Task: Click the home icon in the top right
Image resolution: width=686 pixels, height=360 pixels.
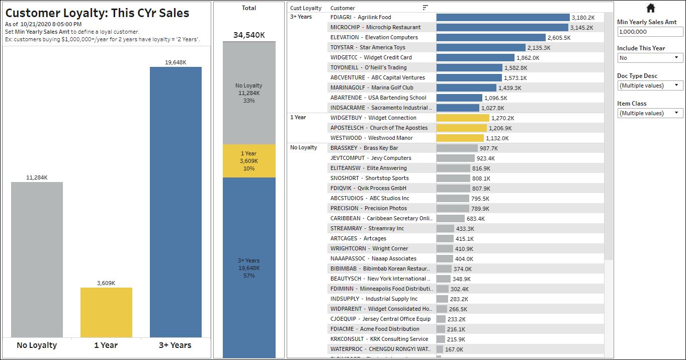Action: (650, 8)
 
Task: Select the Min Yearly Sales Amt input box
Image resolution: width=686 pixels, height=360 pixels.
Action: (650, 32)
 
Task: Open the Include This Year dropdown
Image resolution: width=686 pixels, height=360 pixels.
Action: (650, 58)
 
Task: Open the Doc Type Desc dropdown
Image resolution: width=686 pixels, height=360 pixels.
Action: (650, 85)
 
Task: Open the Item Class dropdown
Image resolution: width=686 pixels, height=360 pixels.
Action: (650, 113)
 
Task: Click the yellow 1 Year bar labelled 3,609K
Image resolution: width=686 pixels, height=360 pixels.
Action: (106, 312)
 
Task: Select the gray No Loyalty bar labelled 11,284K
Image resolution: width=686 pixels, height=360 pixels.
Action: (37, 259)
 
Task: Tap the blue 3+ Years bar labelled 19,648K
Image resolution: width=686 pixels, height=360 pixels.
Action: (176, 202)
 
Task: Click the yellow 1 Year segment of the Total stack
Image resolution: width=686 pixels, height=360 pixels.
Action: (249, 161)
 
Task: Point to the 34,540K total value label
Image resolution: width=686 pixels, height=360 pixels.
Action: (249, 35)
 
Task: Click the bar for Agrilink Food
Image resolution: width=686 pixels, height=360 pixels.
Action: (502, 18)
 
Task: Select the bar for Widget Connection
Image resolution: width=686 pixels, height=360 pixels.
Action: (463, 118)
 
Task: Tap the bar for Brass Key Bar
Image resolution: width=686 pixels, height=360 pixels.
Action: (457, 148)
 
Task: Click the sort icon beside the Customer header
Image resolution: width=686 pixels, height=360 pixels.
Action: (425, 8)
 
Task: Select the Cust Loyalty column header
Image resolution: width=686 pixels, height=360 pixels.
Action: (306, 8)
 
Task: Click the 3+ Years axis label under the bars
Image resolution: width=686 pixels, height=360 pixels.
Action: (175, 345)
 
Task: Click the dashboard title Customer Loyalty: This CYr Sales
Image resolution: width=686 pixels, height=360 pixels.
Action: (97, 14)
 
